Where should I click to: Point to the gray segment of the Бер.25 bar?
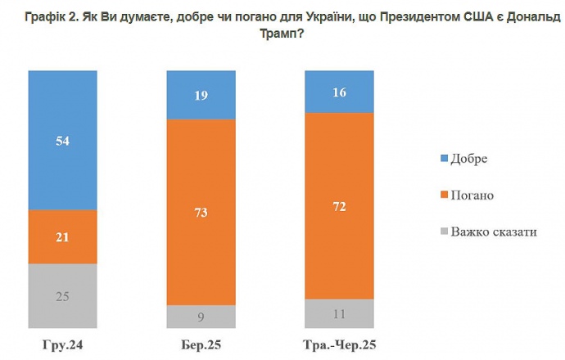coord(201,317)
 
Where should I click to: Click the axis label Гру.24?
coord(63,343)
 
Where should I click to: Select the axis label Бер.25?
coord(201,343)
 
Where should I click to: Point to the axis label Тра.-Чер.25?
coord(339,343)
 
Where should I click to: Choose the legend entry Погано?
coord(472,195)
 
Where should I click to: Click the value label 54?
coord(63,140)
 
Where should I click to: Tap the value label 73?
coord(201,213)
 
